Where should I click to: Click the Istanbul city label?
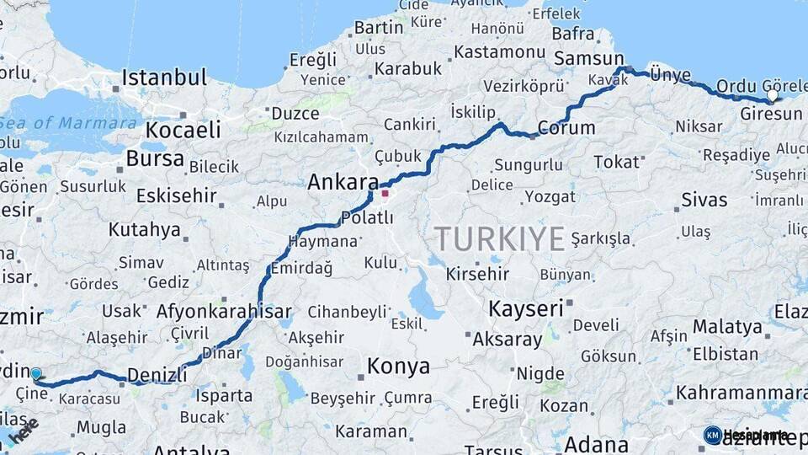point(164,78)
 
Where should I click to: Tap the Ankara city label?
point(343,182)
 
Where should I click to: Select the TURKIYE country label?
point(500,239)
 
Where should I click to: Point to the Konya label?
point(399,367)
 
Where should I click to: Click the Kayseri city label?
point(526,308)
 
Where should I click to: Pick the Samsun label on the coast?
point(588,59)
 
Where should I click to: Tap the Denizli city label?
point(157,376)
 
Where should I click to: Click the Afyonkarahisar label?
point(224,311)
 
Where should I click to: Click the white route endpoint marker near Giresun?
point(773,96)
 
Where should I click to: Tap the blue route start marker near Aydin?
point(35,373)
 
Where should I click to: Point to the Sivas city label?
point(704,201)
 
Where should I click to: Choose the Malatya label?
point(727,327)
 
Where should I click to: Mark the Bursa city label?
point(155,158)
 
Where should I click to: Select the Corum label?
point(566,128)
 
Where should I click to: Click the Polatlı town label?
point(367,217)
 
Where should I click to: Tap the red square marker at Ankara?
point(385,193)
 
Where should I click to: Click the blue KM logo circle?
point(712,435)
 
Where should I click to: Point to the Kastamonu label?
point(499,51)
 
